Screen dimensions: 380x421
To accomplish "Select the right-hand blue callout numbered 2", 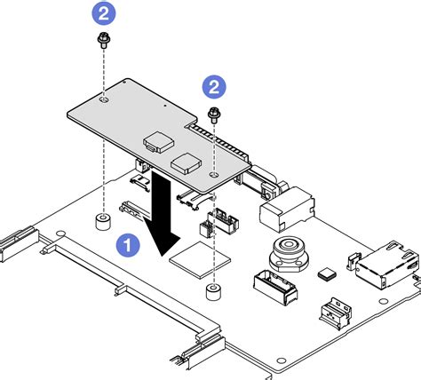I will click(213, 86).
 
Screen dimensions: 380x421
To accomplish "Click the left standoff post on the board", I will click(104, 218).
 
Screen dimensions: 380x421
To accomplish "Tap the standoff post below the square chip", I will click(212, 294).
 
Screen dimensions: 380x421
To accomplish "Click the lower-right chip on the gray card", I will click(187, 161).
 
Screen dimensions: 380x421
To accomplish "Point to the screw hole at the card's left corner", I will click(105, 103).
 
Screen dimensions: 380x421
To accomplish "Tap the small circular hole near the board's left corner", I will click(57, 236).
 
